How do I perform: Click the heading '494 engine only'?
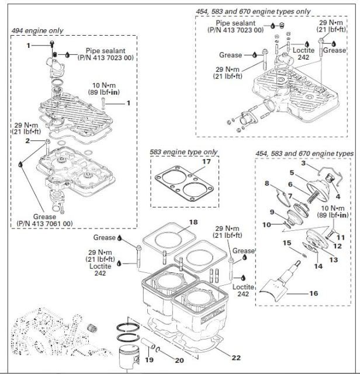pos(38,30)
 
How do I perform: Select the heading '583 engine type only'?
pos(184,152)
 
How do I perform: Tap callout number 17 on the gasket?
pos(190,162)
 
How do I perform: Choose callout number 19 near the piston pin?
pos(149,361)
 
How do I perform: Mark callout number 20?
pos(179,361)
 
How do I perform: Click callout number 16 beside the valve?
pos(313,293)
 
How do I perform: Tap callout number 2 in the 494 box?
pos(27,141)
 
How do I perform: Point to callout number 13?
pos(334,259)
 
